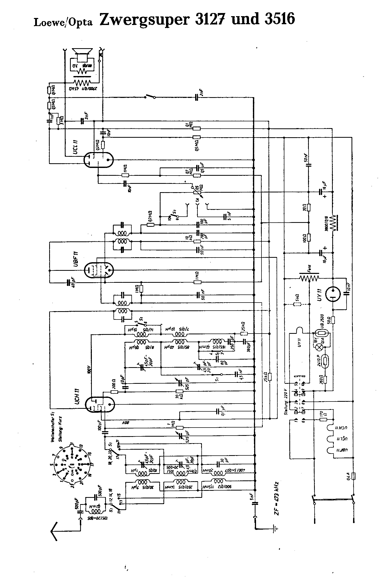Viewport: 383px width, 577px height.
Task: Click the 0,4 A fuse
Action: click(353, 476)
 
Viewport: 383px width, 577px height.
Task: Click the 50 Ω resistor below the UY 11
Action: click(333, 320)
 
